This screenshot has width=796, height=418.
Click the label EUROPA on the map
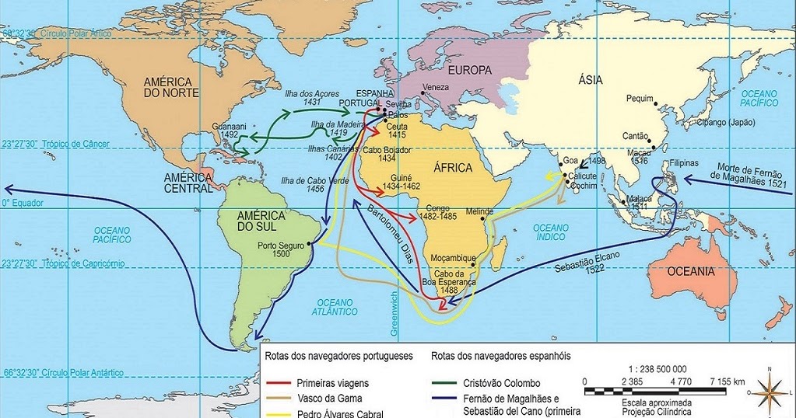coord(469,70)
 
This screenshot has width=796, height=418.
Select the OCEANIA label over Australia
coord(690,271)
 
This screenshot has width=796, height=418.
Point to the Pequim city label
coord(639,99)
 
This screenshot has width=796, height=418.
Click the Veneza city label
coord(435,86)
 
